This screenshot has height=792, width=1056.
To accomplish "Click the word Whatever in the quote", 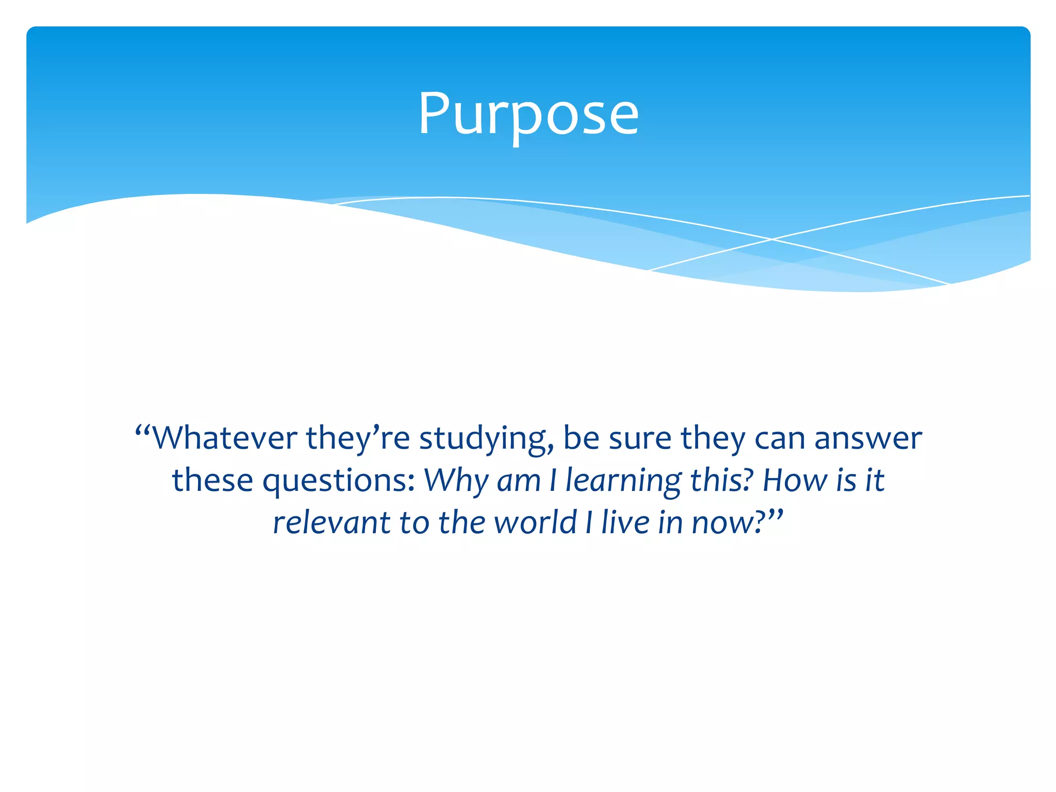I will [x=225, y=438].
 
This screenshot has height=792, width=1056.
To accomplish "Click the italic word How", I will [x=795, y=481].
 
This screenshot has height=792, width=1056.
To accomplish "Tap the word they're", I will [x=358, y=438].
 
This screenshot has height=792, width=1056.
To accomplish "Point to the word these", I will [x=212, y=481].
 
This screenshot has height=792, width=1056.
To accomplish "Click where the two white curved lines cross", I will [x=772, y=239].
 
